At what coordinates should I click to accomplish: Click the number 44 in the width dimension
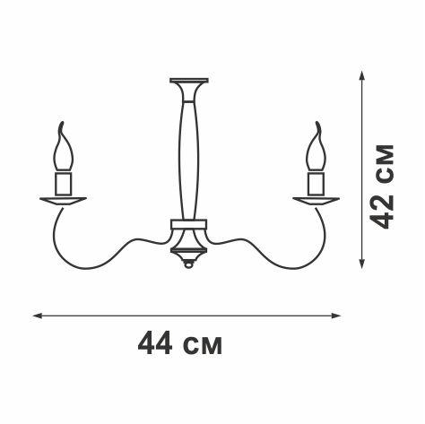154,344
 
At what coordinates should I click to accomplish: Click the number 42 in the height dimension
383,212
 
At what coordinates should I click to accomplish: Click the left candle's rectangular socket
62,184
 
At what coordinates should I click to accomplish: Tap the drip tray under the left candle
62,199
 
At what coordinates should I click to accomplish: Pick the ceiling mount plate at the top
188,80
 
